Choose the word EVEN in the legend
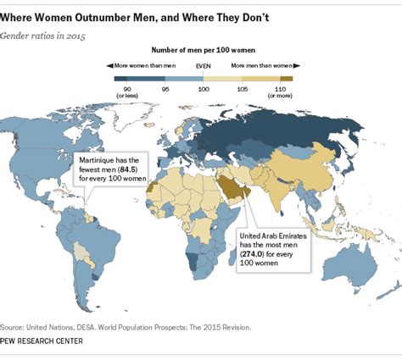(204, 65)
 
